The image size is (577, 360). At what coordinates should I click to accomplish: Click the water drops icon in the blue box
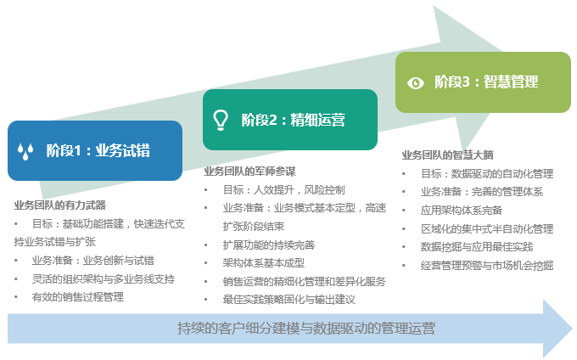coord(26,151)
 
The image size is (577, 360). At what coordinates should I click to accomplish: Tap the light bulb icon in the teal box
coord(221,120)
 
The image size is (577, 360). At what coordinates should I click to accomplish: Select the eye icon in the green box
coord(416,82)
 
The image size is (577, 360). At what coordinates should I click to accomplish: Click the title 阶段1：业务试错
coord(98,151)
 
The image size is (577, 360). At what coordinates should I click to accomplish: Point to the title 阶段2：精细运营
coord(293,120)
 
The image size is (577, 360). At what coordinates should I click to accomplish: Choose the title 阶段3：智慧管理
coord(486,82)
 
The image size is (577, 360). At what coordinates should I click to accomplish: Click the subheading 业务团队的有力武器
coord(59,205)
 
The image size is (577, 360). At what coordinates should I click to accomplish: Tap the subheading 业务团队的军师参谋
coord(249,171)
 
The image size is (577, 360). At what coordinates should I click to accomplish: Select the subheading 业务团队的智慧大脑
coord(447,155)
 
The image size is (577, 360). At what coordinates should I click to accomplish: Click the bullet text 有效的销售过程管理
coord(77,297)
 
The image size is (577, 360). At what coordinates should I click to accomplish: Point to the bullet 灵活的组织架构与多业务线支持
coord(103,278)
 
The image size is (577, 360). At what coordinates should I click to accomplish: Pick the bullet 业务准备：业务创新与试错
coord(93,261)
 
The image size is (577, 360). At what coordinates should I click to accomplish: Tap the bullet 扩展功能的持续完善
coord(268,245)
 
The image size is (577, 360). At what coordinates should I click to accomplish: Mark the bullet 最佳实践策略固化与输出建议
coord(288,300)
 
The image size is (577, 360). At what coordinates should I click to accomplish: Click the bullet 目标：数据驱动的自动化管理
coord(487,174)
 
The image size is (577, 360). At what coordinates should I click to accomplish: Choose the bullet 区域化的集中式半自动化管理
coord(487,229)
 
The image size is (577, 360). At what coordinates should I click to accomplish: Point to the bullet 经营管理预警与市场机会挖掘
coord(487,266)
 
